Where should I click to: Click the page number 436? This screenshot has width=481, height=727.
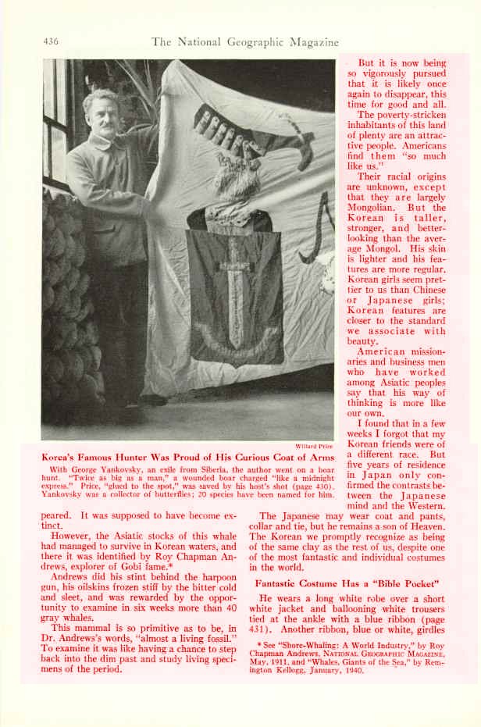pyautogui.click(x=50, y=41)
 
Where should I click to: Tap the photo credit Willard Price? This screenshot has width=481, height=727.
pyautogui.click(x=315, y=446)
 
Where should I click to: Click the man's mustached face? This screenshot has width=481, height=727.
pyautogui.click(x=102, y=115)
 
